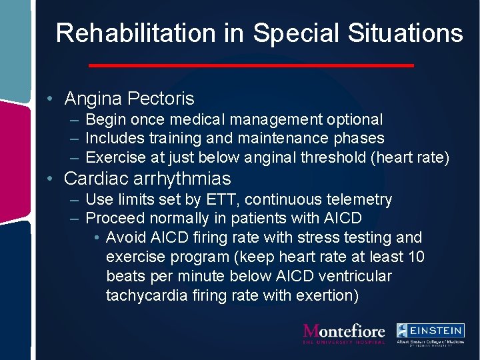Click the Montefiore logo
pos(344,332)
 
